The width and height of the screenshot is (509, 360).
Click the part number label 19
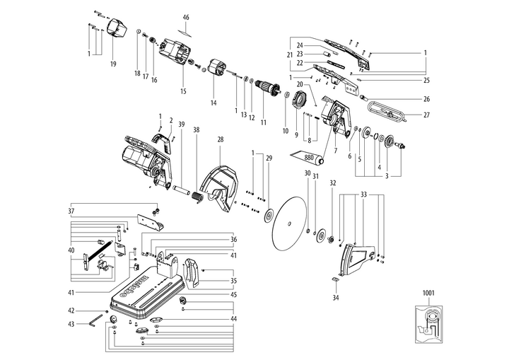pos(113,64)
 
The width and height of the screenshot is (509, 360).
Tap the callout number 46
pos(186,17)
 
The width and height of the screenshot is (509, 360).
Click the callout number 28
pos(220,140)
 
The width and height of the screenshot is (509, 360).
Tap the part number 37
pos(71,211)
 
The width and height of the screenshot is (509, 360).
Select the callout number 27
pos(426,115)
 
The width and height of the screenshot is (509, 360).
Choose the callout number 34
pos(336,298)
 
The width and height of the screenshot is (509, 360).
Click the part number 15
pos(183,91)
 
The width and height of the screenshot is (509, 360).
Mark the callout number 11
pos(262,122)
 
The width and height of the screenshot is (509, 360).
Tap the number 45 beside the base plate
pos(233,294)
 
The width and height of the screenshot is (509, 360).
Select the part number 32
pos(332,182)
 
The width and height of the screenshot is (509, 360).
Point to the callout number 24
pos(300,45)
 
